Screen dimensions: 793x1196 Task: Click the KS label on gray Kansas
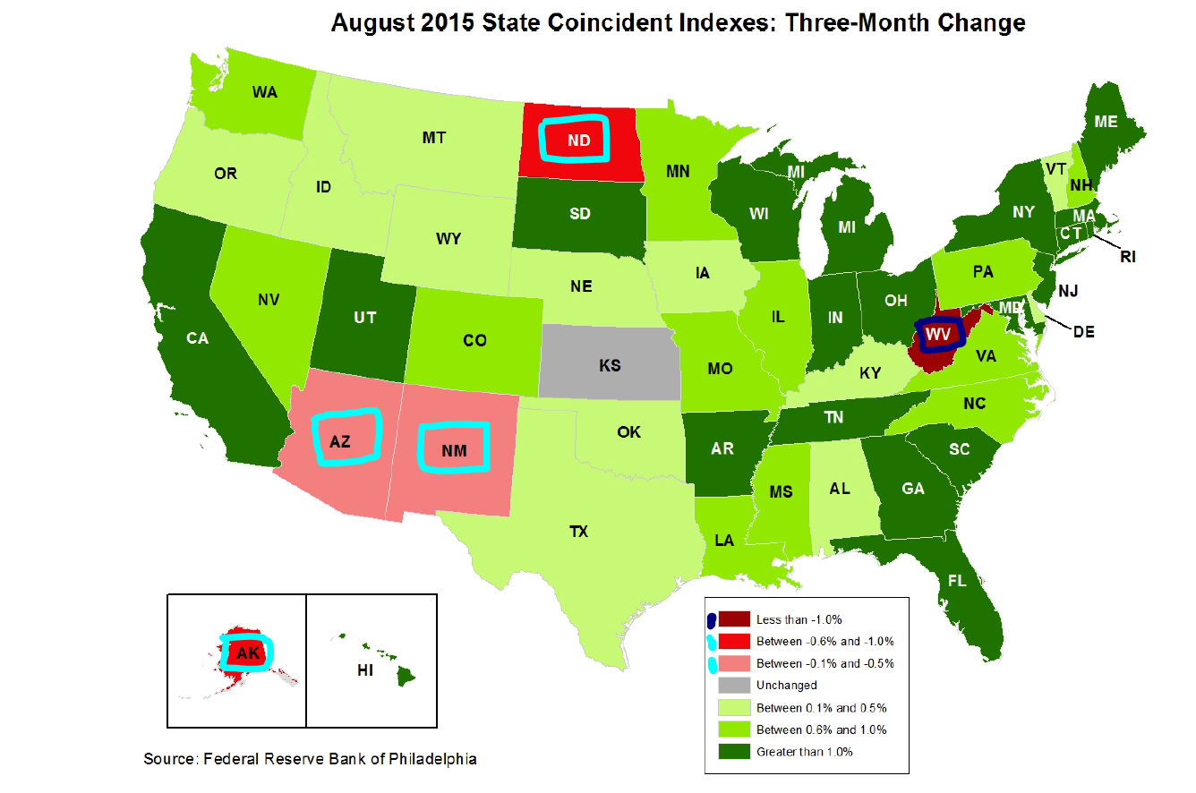pos(610,365)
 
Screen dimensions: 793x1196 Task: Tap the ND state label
pos(578,141)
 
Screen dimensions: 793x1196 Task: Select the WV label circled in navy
pos(937,334)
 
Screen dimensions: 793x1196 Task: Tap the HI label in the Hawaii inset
pos(365,669)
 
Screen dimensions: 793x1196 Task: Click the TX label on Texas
pos(578,532)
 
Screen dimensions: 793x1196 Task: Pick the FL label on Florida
pos(957,581)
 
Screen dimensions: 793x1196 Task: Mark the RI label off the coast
pos(1127,257)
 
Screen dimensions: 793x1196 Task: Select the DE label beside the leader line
pos(1083,331)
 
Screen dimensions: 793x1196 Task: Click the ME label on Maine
pos(1106,121)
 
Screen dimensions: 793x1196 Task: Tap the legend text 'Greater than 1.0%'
pos(805,752)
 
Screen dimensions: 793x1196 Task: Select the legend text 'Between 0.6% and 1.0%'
pos(821,729)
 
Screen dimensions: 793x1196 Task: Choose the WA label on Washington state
pos(263,92)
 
